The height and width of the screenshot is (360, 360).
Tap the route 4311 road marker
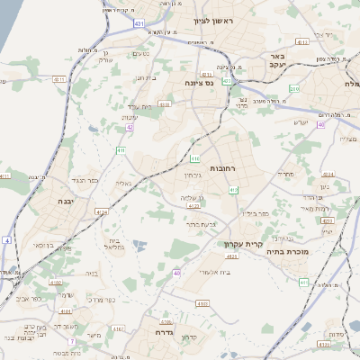tap(60, 79)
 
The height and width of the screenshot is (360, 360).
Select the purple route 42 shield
tap(130, 128)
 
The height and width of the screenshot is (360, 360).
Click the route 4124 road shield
tap(101, 212)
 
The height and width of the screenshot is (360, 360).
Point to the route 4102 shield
tap(56, 283)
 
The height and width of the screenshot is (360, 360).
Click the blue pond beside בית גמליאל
tap(137, 243)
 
